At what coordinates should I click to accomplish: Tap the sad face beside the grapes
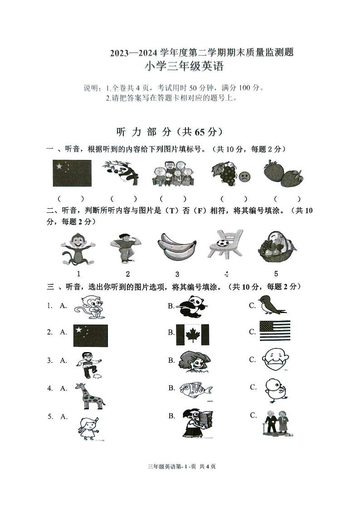point(245,176)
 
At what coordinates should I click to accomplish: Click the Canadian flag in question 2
point(193,334)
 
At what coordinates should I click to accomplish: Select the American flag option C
point(275,331)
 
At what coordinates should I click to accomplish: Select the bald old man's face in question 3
point(275,360)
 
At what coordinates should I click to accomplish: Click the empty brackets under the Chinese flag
point(71,198)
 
